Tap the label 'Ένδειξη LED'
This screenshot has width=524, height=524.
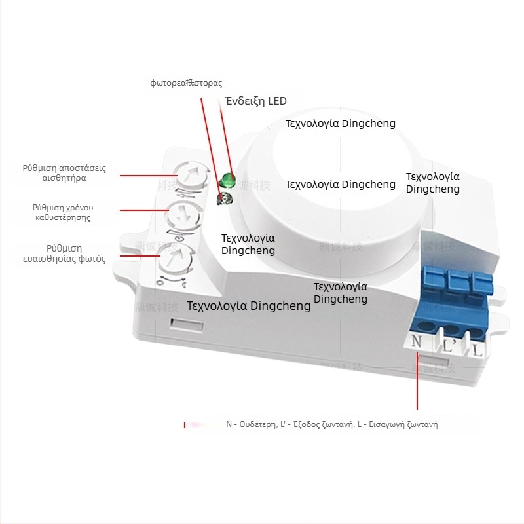[x=256, y=101]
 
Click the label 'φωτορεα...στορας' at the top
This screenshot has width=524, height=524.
[x=186, y=83]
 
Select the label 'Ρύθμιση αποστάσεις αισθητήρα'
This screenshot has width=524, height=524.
[x=64, y=173]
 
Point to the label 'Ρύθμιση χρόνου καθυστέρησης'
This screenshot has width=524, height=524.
[x=63, y=212]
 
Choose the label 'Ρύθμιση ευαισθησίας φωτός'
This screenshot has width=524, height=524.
[x=64, y=253]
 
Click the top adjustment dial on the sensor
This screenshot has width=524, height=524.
[x=189, y=176]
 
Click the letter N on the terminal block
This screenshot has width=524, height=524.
[x=417, y=341]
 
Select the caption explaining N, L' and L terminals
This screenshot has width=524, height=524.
[x=331, y=424]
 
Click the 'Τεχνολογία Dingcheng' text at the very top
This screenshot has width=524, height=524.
[x=341, y=123]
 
